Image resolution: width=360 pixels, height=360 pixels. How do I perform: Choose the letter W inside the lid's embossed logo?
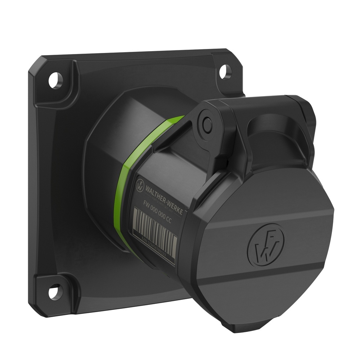(262, 251)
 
